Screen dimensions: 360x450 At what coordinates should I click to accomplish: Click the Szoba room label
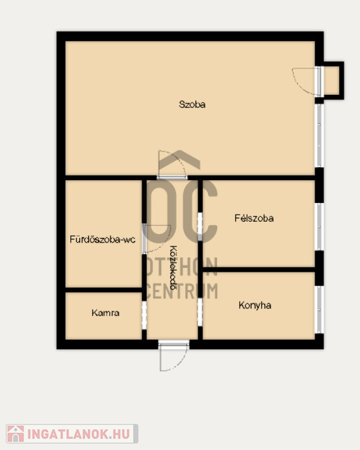(x=192, y=105)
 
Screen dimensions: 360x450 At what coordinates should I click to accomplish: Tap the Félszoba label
(x=254, y=218)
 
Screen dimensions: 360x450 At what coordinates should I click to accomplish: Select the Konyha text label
(x=255, y=306)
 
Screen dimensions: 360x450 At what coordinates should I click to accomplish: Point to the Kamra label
(x=105, y=313)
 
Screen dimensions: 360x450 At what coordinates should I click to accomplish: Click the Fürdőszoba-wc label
(x=103, y=239)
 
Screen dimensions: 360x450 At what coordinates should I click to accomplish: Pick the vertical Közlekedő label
(x=174, y=267)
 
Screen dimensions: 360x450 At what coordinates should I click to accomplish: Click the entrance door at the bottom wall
(x=174, y=356)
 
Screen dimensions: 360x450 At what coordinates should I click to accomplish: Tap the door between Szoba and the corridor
(x=172, y=165)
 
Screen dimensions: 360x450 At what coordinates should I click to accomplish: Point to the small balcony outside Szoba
(x=333, y=81)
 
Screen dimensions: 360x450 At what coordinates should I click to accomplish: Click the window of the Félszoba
(x=319, y=227)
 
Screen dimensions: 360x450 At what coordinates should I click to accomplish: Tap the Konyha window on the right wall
(x=319, y=310)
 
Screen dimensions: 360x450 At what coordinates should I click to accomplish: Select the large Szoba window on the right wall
(x=319, y=136)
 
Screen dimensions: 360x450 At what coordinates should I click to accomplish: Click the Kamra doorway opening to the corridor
(x=144, y=315)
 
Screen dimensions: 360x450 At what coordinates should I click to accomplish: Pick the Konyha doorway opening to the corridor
(x=200, y=312)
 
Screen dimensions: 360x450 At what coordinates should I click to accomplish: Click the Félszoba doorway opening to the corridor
(x=200, y=227)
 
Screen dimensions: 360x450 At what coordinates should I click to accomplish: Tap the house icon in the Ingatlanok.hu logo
(x=16, y=434)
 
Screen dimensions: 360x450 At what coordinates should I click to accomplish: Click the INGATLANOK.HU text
(x=79, y=434)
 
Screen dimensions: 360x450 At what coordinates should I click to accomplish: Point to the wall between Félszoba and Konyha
(x=259, y=269)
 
